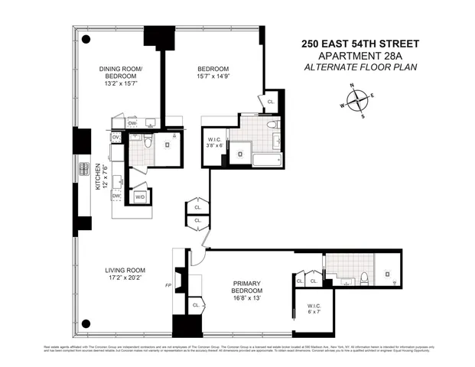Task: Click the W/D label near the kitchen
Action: click(x=139, y=196)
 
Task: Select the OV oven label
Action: click(x=115, y=138)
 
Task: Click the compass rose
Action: click(x=358, y=100)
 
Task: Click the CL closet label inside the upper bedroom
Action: click(x=271, y=101)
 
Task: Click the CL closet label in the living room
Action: click(x=195, y=304)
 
